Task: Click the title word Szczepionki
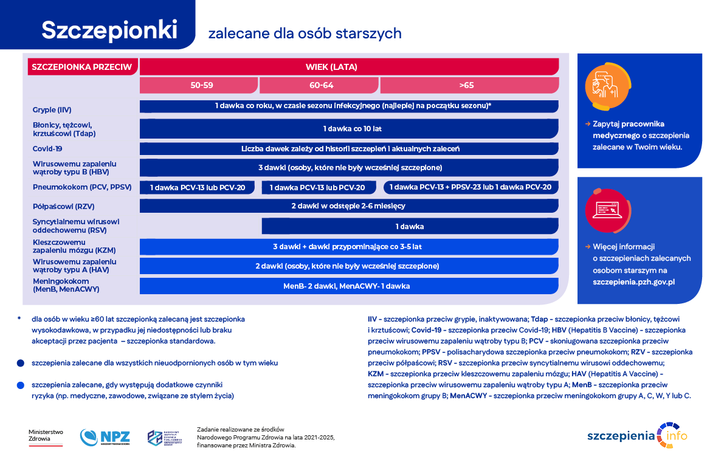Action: click(x=109, y=30)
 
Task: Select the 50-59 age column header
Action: click(x=201, y=85)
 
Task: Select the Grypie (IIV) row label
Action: click(x=52, y=110)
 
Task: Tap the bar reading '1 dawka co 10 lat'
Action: click(x=349, y=129)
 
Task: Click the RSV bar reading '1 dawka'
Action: click(x=409, y=226)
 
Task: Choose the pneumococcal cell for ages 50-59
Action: click(x=198, y=187)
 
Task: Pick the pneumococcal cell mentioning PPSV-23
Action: click(x=471, y=187)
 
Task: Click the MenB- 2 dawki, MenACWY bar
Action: click(x=349, y=286)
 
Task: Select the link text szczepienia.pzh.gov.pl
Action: click(x=634, y=282)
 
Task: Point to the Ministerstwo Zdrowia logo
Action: click(x=46, y=436)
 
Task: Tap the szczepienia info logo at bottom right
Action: click(x=638, y=435)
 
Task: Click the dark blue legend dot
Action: click(x=21, y=363)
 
